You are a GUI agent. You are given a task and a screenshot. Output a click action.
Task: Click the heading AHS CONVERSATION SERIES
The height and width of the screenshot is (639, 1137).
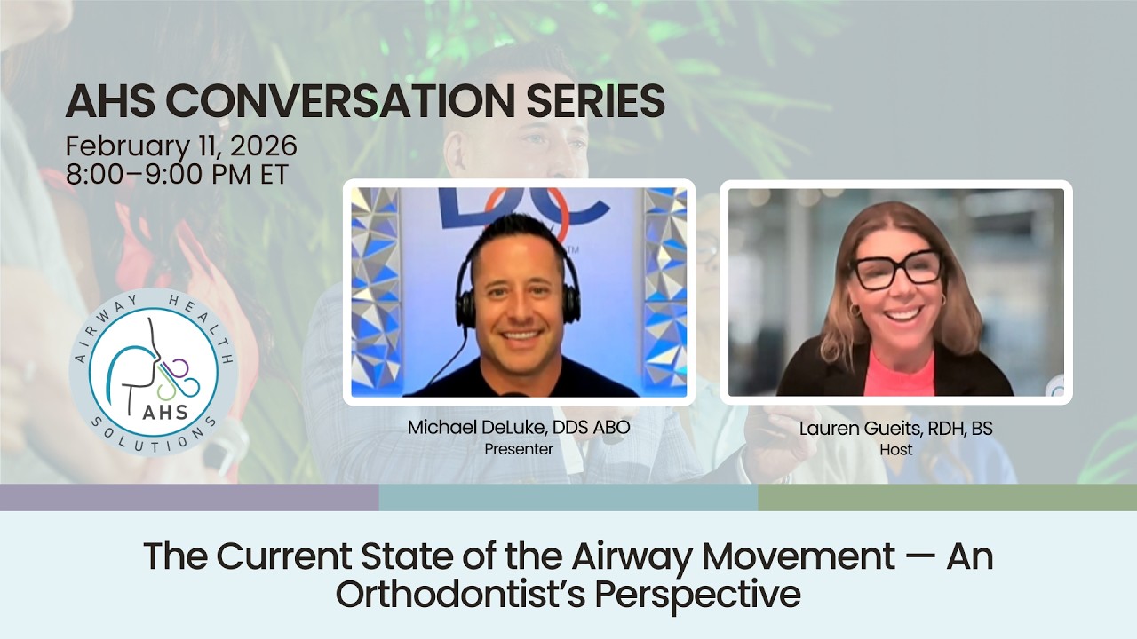tap(365, 102)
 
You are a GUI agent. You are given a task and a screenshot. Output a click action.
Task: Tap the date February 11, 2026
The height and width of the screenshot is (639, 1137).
tap(181, 146)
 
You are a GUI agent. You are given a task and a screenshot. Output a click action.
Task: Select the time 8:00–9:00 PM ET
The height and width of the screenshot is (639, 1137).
tap(177, 174)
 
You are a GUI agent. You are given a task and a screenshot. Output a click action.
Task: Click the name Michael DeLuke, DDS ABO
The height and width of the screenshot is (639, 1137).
tap(518, 428)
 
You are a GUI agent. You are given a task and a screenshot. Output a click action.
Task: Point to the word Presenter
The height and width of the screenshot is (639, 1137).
tap(518, 449)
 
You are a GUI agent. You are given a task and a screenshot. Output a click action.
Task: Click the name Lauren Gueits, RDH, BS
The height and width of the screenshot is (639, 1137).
tap(895, 429)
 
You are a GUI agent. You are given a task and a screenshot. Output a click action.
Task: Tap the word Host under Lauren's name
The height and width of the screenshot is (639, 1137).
tap(895, 450)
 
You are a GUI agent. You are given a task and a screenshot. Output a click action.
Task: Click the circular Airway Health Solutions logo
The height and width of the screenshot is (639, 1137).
tap(153, 372)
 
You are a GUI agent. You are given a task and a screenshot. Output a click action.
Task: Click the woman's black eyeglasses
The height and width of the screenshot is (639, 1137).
tap(898, 269)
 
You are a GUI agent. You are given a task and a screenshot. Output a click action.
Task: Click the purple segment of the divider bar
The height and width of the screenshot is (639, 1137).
tap(189, 497)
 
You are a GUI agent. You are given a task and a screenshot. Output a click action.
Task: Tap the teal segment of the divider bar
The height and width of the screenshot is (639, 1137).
tap(568, 497)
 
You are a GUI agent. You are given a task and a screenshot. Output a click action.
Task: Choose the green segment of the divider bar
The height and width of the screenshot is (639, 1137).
tap(947, 497)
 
